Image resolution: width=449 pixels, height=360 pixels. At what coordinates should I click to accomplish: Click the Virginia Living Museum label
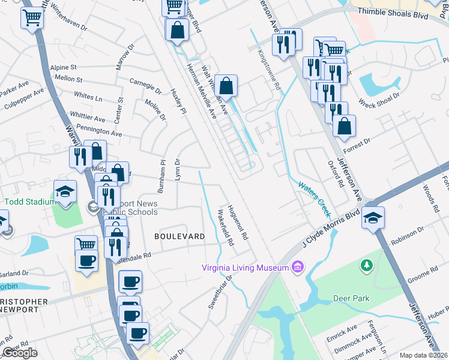245,267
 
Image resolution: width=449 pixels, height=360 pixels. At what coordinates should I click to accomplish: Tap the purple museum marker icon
297,266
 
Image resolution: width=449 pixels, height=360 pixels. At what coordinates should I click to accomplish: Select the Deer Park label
351,298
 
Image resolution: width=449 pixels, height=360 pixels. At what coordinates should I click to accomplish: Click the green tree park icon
366,265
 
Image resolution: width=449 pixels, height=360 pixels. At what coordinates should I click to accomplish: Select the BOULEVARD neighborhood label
179,236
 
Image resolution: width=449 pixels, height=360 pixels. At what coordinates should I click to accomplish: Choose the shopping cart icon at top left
32,17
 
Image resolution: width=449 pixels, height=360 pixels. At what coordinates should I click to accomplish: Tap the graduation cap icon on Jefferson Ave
373,218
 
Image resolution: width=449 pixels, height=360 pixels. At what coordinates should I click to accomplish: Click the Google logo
20,353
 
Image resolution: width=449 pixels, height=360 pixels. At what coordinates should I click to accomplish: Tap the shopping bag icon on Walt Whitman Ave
226,86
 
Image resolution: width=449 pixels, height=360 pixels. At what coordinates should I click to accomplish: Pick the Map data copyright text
424,355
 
